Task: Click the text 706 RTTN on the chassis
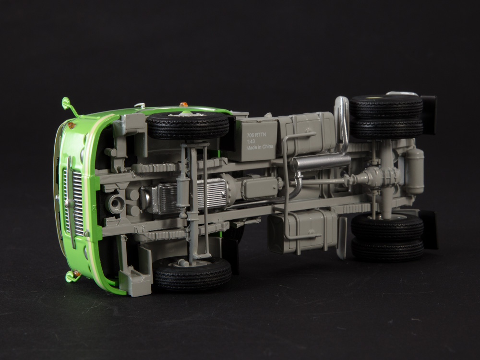(x=256, y=135)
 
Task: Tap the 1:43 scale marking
(x=251, y=142)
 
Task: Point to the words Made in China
(x=260, y=147)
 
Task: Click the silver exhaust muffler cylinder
(x=320, y=162)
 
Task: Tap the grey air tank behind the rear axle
(x=415, y=171)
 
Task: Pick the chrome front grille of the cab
(x=73, y=202)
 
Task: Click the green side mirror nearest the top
(x=69, y=106)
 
